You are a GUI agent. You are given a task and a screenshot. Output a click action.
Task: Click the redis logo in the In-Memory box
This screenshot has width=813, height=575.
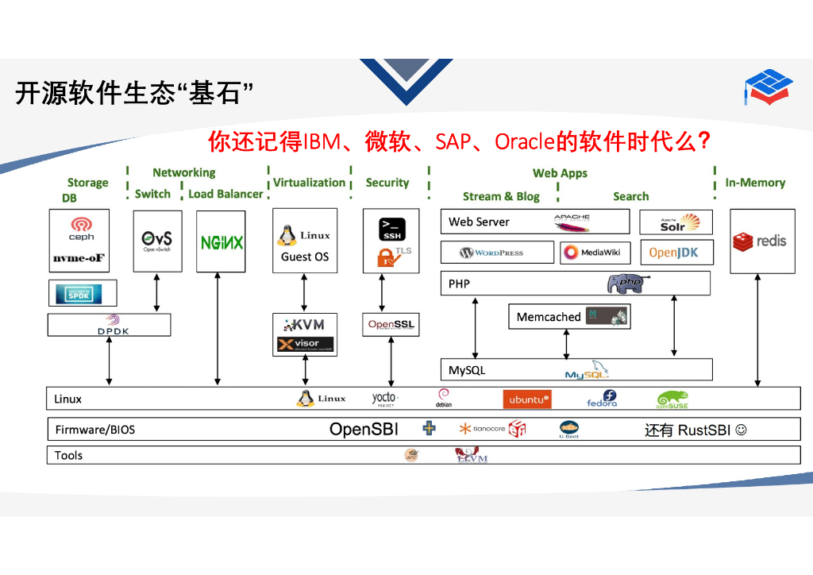coord(761,241)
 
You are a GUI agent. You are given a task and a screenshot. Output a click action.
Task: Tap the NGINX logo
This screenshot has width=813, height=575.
coord(222,242)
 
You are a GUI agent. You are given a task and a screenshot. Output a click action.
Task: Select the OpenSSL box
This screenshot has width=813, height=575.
coord(391,325)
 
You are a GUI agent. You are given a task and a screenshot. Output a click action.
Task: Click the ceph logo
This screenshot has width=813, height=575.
coord(81,229)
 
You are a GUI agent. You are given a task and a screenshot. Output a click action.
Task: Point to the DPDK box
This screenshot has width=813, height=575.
coord(110,325)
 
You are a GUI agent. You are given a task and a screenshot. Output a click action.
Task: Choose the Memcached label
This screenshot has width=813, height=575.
coord(549,317)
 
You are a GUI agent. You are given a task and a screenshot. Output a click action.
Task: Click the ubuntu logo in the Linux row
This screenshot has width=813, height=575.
coord(526,399)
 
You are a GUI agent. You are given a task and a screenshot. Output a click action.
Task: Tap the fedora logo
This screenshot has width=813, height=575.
coord(602,399)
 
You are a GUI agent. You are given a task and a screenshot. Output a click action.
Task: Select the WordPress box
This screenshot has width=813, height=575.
coord(497,253)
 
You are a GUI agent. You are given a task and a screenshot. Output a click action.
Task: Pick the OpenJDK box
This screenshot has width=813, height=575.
coord(675,253)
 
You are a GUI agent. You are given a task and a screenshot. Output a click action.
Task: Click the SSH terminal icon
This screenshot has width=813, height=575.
coord(392,229)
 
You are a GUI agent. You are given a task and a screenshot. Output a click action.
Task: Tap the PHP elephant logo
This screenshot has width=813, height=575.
coord(628,284)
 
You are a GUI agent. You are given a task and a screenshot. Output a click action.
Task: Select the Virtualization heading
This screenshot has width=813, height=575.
coord(309,183)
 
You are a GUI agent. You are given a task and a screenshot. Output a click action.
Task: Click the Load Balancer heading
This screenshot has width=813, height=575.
coord(225,194)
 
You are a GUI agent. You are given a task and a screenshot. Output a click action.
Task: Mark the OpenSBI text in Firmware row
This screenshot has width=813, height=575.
coord(364,430)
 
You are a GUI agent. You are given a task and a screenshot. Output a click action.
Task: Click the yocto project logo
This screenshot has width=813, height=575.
coord(385,399)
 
